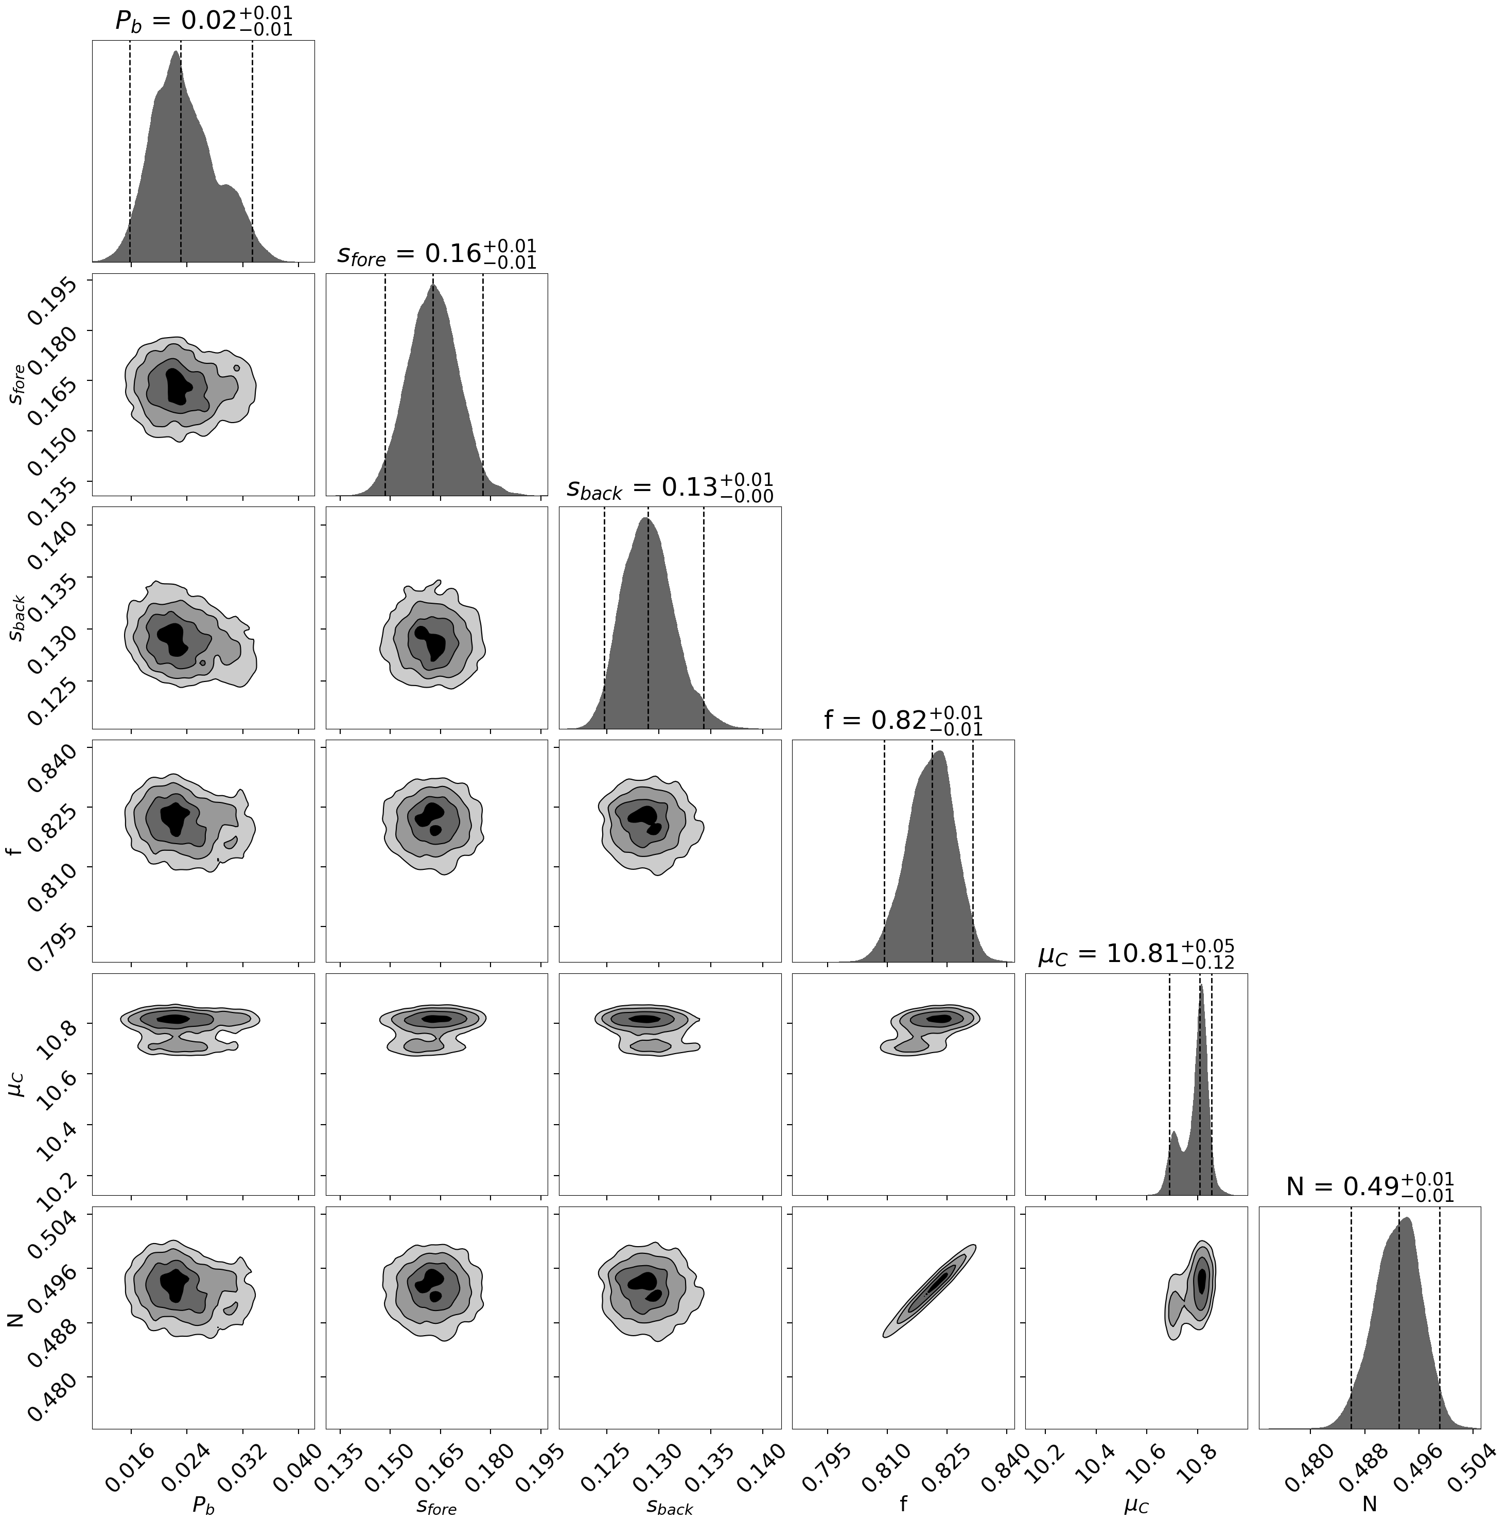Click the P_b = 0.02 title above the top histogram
point(204,21)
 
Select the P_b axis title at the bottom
point(203,1505)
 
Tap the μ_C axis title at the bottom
point(1136,1505)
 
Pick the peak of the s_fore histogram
point(433,287)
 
